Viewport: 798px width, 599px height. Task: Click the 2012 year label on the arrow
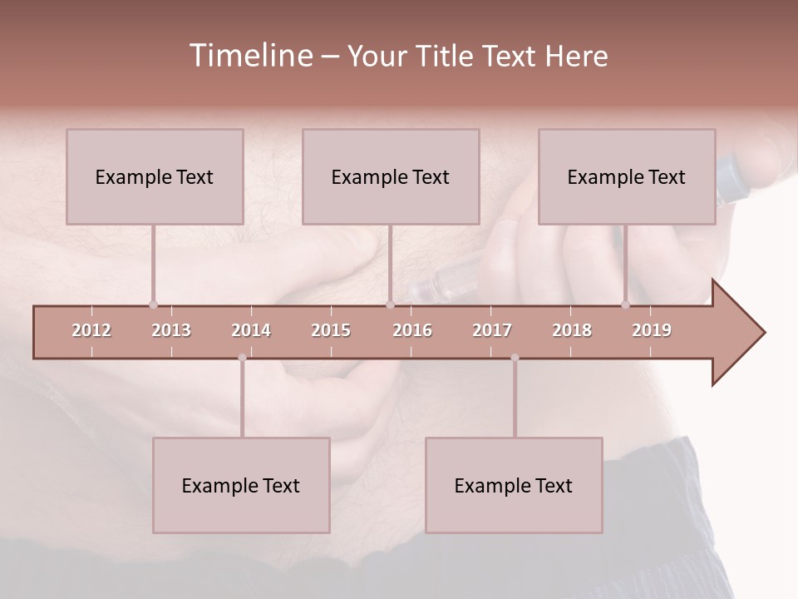(91, 330)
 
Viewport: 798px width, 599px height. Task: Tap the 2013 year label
(171, 330)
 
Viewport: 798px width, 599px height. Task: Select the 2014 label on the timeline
(251, 330)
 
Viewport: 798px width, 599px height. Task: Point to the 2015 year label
(331, 330)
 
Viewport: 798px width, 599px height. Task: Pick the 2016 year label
(412, 330)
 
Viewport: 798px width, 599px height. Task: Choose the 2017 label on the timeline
(492, 330)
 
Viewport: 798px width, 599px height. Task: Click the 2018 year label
(572, 330)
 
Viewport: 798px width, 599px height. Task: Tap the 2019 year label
(652, 330)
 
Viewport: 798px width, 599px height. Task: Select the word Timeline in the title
(249, 56)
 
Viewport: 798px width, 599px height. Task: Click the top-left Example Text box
(155, 176)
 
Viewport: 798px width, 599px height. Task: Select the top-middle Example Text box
(391, 176)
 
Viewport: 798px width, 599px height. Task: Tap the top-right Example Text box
(627, 176)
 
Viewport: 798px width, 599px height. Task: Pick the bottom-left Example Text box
(241, 485)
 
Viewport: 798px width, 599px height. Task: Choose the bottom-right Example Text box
(514, 485)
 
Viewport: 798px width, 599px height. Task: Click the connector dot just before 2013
(153, 304)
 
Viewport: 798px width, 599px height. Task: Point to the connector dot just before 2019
(626, 304)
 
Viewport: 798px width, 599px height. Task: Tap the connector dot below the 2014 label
(242, 358)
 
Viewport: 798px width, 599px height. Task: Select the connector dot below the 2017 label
(515, 358)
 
